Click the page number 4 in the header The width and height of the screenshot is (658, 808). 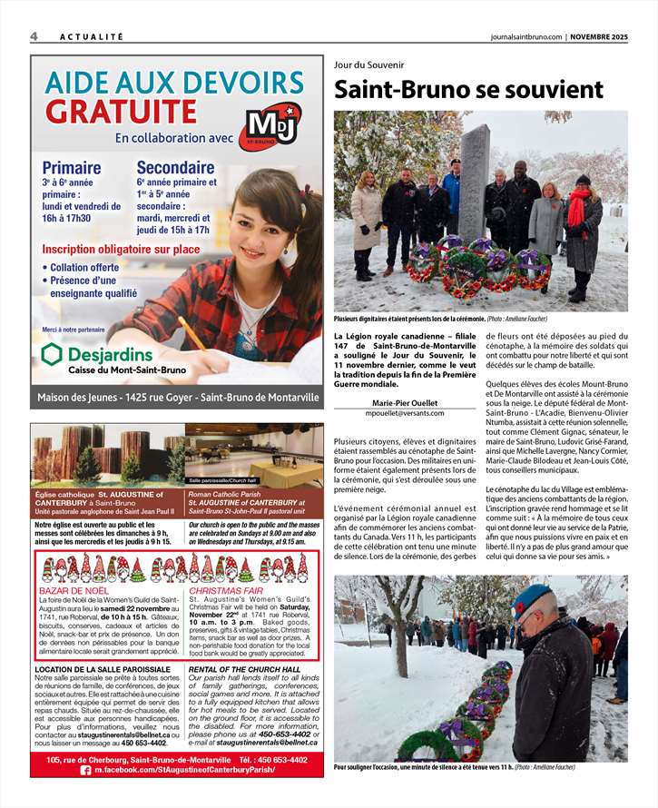point(34,36)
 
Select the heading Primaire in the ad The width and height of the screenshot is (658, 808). point(72,168)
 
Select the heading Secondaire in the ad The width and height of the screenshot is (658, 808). point(175,168)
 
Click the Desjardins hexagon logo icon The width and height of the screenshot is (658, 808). point(53,354)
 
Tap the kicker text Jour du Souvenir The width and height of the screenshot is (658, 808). point(368,65)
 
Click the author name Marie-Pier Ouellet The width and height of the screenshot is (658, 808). point(405,403)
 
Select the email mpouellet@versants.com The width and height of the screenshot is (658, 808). point(405,413)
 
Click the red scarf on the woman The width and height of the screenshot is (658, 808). point(576,207)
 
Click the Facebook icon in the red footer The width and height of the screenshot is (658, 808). point(86,769)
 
